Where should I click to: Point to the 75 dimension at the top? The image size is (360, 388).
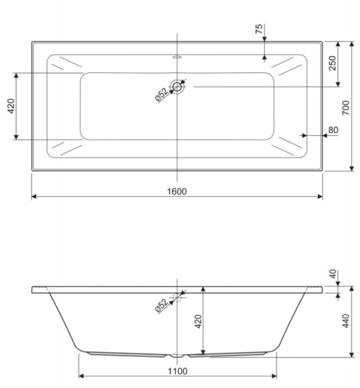click(x=259, y=28)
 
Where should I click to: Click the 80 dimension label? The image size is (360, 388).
click(x=333, y=130)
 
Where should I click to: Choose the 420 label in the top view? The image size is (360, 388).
click(x=11, y=105)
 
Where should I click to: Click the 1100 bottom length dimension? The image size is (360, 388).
click(x=176, y=371)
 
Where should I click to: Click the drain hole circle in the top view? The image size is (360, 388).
click(x=177, y=85)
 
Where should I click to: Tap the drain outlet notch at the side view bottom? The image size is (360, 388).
click(x=177, y=355)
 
